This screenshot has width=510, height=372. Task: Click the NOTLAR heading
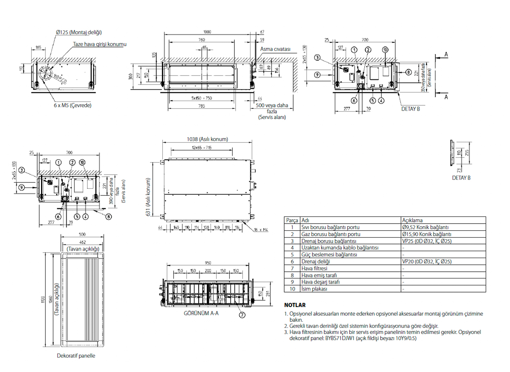point(295,305)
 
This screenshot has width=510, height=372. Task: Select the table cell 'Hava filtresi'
point(314,269)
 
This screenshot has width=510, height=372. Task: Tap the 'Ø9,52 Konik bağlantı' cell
point(425,227)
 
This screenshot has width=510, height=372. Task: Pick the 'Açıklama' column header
point(412,220)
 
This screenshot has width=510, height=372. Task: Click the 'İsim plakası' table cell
point(314,289)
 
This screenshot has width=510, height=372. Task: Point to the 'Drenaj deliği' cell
point(316,262)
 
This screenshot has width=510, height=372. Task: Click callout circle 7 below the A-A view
point(242,314)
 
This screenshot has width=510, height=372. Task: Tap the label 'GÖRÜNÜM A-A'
point(201,313)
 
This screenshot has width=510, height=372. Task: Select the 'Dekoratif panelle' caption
point(76,356)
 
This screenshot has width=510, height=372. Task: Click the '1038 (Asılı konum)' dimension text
point(207,139)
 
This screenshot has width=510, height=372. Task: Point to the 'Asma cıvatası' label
point(275,49)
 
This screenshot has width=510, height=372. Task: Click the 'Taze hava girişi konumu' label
point(100,44)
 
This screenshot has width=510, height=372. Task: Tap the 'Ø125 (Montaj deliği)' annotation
point(79,33)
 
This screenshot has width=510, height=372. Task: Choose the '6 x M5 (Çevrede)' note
point(73,105)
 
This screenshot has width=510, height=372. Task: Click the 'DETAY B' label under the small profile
point(461,178)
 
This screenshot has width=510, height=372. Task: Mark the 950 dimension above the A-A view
point(208,263)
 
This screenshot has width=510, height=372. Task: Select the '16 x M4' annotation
point(261,230)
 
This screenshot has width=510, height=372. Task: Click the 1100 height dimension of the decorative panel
point(43,300)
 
